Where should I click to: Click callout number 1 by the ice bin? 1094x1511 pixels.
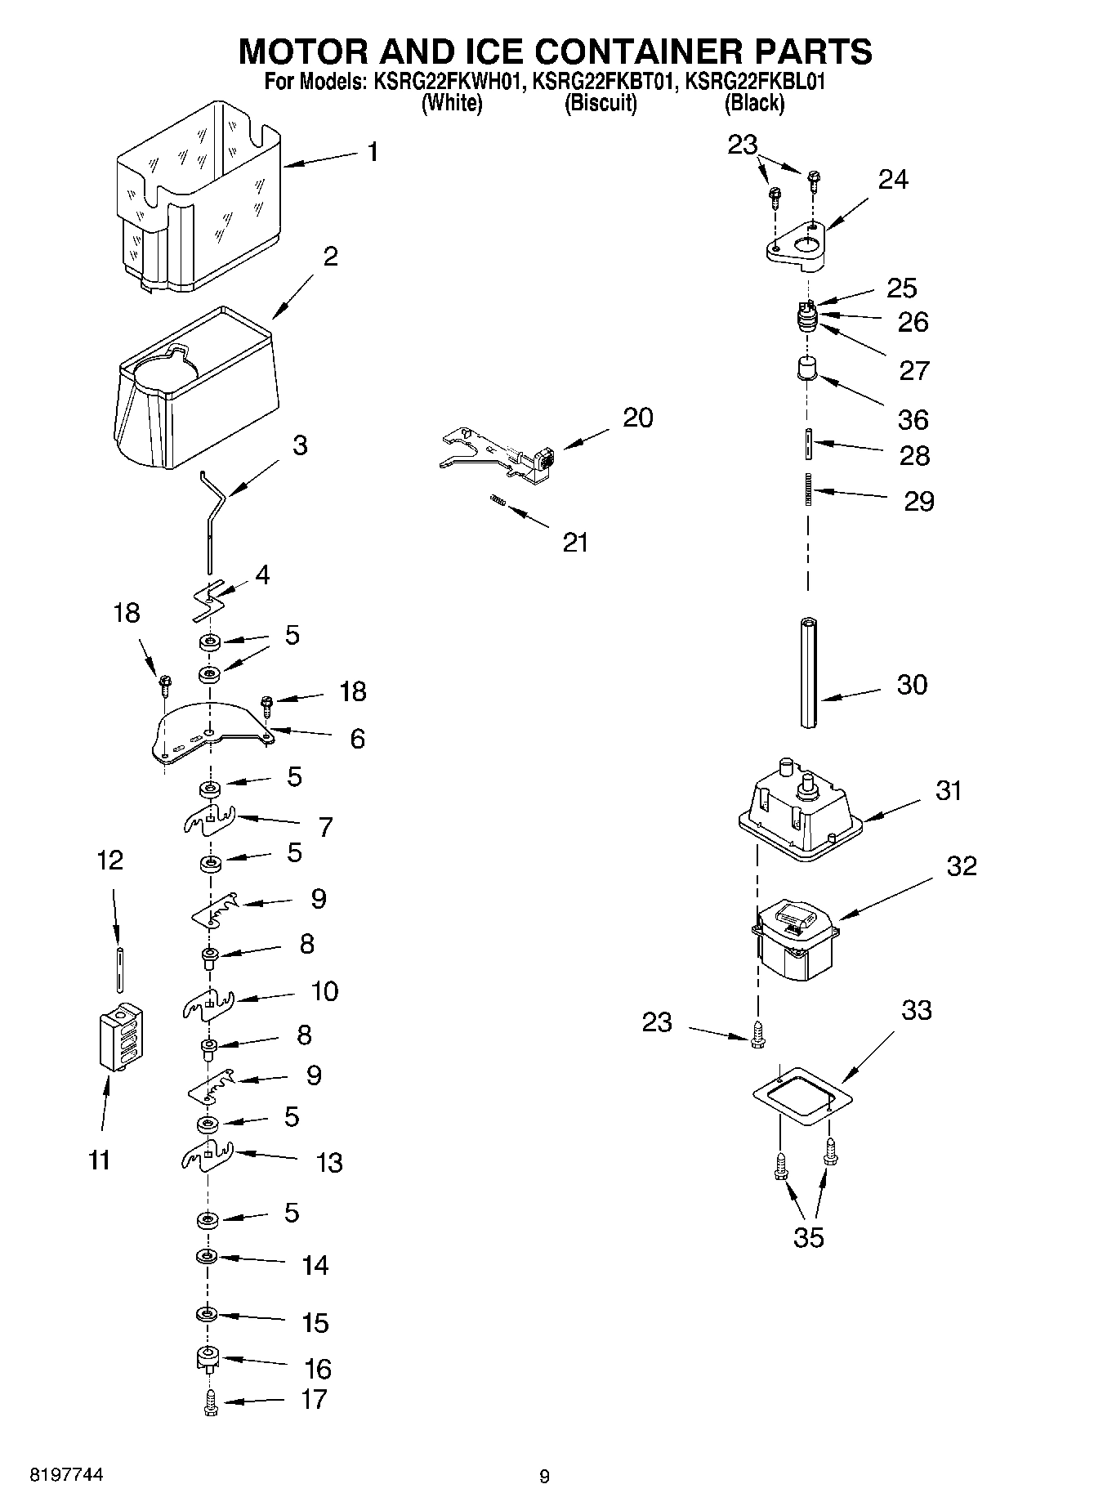373,152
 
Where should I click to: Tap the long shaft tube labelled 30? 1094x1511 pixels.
810,672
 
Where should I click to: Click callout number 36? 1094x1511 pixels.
913,419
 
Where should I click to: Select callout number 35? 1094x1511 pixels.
808,1237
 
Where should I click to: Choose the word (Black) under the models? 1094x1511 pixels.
753,103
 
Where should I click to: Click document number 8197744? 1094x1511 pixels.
66,1475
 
